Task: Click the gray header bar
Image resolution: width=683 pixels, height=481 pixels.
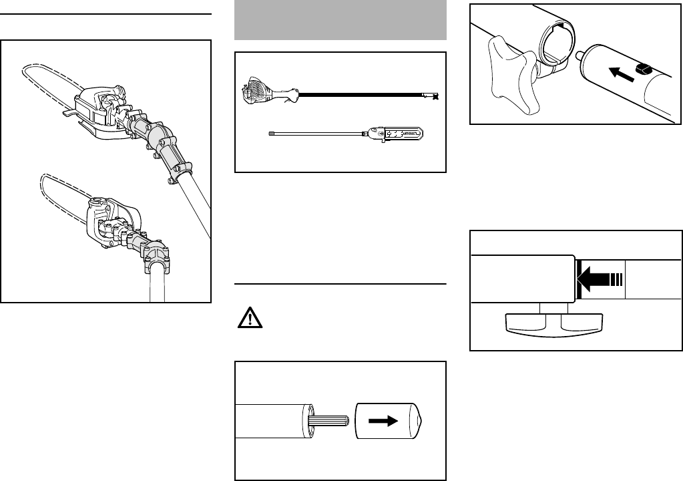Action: tap(340, 20)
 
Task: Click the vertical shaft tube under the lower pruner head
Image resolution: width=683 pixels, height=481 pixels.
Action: tap(158, 284)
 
